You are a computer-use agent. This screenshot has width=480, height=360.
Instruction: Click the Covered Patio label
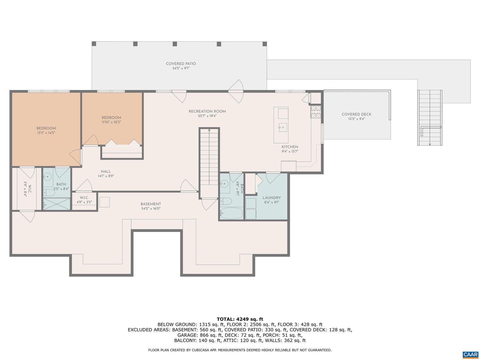click(x=181, y=64)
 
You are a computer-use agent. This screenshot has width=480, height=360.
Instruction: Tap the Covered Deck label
click(x=356, y=114)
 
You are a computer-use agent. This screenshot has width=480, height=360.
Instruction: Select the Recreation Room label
click(x=207, y=111)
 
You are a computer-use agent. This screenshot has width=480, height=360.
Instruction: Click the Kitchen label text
click(x=290, y=147)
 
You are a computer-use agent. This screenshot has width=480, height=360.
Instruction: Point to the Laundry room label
click(x=272, y=198)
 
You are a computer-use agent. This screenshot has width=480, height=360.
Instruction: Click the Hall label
click(x=106, y=172)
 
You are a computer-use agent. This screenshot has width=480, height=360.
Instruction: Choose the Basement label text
click(x=151, y=204)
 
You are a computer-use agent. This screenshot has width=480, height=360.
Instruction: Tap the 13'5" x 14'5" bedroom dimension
click(x=46, y=133)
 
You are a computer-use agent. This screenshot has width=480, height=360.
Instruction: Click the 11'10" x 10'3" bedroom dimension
click(x=111, y=122)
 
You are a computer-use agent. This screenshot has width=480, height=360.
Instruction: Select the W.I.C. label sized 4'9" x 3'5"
click(x=84, y=198)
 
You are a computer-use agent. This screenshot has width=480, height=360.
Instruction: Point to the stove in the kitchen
click(x=316, y=112)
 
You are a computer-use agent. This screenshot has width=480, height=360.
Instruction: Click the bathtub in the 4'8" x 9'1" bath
click(x=231, y=213)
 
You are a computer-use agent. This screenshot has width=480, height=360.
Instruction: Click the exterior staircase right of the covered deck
click(x=430, y=118)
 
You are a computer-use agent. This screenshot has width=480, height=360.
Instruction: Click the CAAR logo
click(x=470, y=354)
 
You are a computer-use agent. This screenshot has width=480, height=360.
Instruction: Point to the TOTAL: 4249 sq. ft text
click(x=240, y=319)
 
